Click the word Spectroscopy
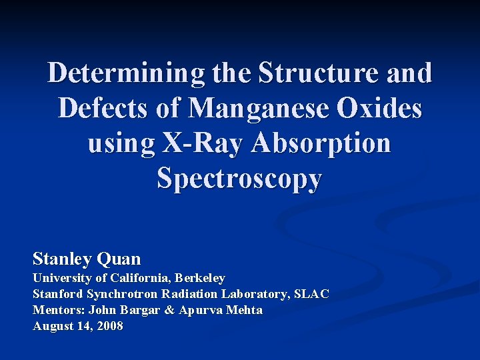239,179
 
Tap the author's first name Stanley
63,258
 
